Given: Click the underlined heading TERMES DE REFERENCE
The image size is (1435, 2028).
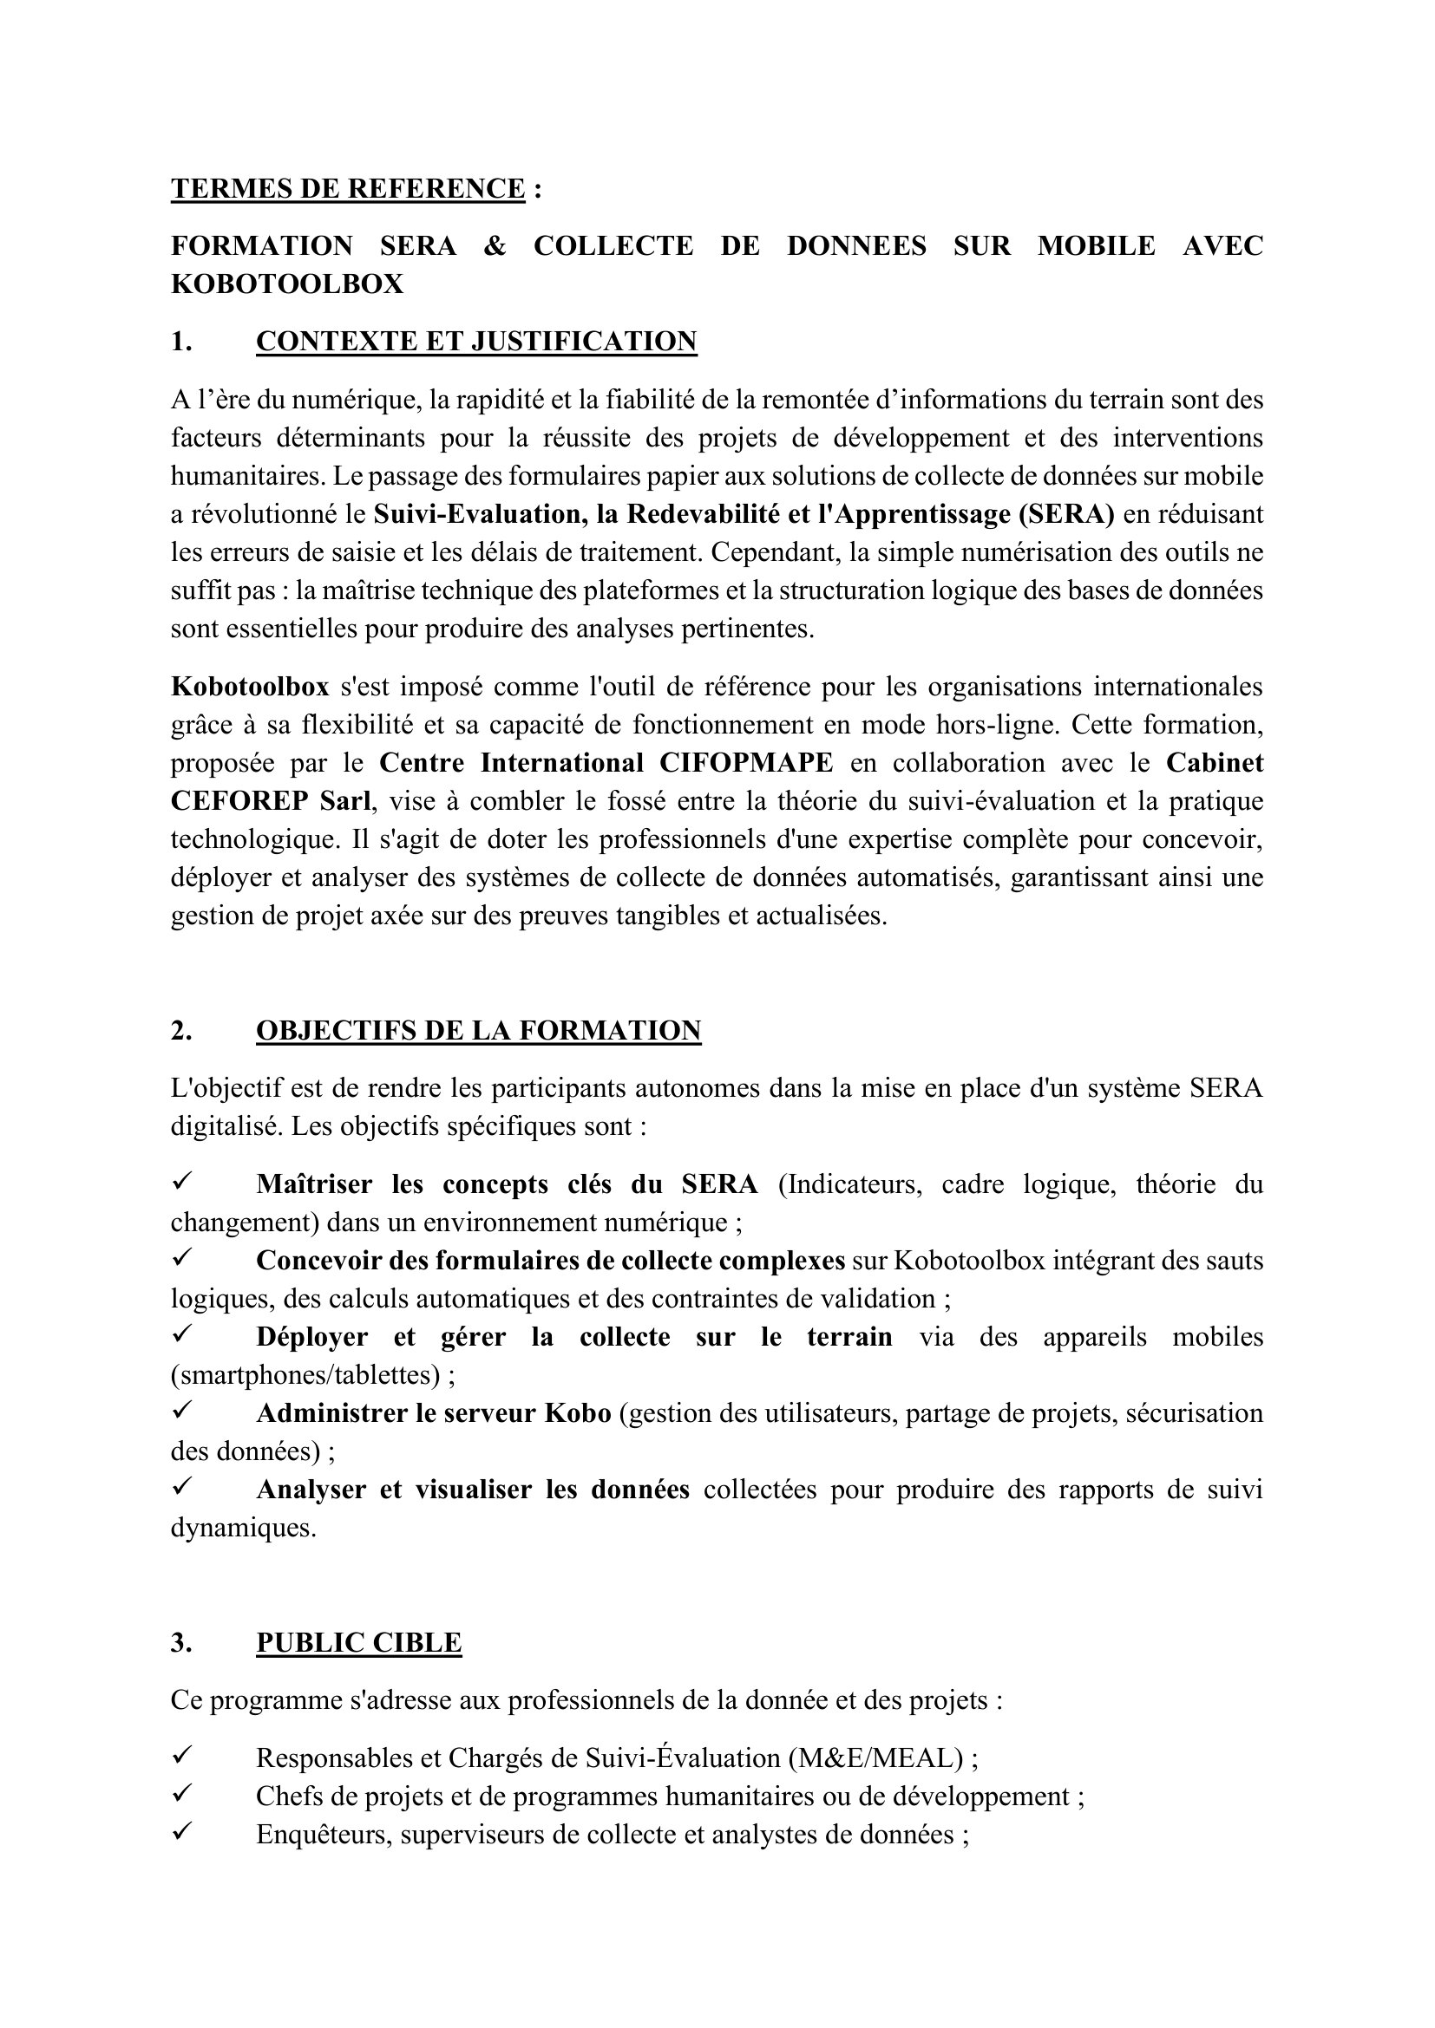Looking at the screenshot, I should click(347, 189).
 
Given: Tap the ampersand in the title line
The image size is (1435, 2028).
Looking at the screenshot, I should click(495, 245).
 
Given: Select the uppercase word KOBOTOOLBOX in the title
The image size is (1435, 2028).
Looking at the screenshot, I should click(287, 284).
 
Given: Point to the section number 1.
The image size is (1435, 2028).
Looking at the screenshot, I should click(181, 341).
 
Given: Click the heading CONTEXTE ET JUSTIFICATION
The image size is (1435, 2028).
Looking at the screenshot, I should click(476, 341).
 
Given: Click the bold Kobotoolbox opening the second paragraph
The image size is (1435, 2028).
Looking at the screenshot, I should click(249, 687).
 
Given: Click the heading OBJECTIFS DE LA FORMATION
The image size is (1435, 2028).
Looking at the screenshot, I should click(478, 1030).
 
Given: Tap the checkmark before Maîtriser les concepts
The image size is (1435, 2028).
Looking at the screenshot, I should click(183, 1181).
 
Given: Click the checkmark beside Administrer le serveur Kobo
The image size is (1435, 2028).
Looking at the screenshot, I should click(183, 1411).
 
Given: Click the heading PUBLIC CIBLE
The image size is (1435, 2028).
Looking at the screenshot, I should click(359, 1642).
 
